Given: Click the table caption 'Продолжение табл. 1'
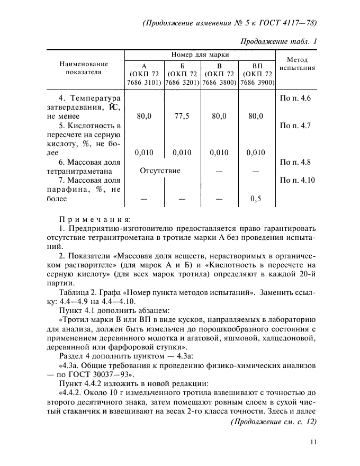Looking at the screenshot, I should click(x=278, y=41).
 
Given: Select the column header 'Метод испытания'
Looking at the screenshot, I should click(x=297, y=64).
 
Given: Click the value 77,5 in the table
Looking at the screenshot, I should click(x=182, y=116).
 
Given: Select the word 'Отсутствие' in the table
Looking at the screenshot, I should click(x=160, y=171).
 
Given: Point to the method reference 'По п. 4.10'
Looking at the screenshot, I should click(x=297, y=181).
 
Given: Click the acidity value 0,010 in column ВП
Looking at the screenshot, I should click(x=256, y=153).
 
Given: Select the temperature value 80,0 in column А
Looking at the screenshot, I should click(x=144, y=116).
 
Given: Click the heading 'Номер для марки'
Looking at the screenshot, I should click(x=200, y=55).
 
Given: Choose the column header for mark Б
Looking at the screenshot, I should click(x=182, y=74).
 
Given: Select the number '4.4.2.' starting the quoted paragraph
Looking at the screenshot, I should click(x=74, y=392).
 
